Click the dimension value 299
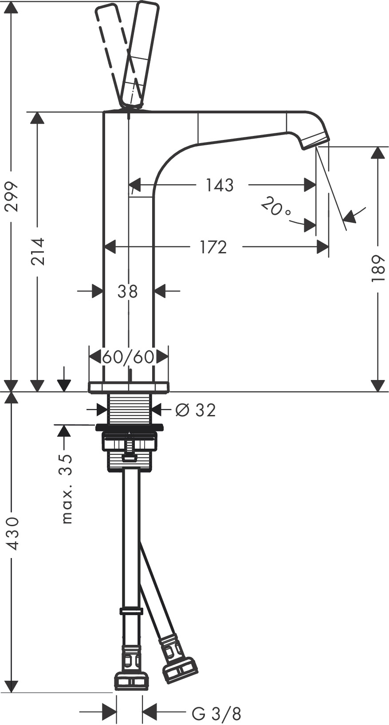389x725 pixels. coord(12,196)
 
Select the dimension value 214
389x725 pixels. coord(38,252)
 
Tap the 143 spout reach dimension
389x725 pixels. coord(220,185)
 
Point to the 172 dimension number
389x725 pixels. coord(213,247)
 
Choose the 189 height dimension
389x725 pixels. coord(377,268)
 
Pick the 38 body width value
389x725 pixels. coord(128,291)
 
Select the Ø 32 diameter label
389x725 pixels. coord(196,410)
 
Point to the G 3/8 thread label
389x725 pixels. coord(216,713)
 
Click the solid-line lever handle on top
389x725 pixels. coord(141,53)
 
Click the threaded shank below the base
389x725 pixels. coord(130,409)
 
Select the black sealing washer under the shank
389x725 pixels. coord(129,427)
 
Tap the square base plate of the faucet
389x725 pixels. coord(129,387)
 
